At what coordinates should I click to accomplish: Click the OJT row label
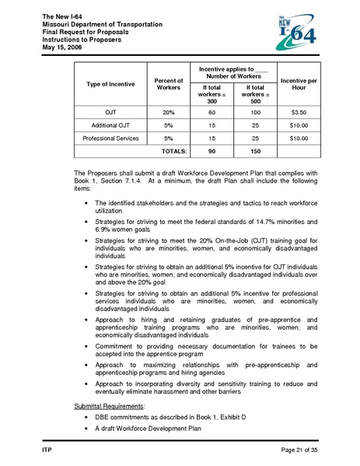click(x=110, y=113)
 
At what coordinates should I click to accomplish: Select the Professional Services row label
click(x=110, y=138)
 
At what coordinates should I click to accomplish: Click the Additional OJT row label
click(x=110, y=125)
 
